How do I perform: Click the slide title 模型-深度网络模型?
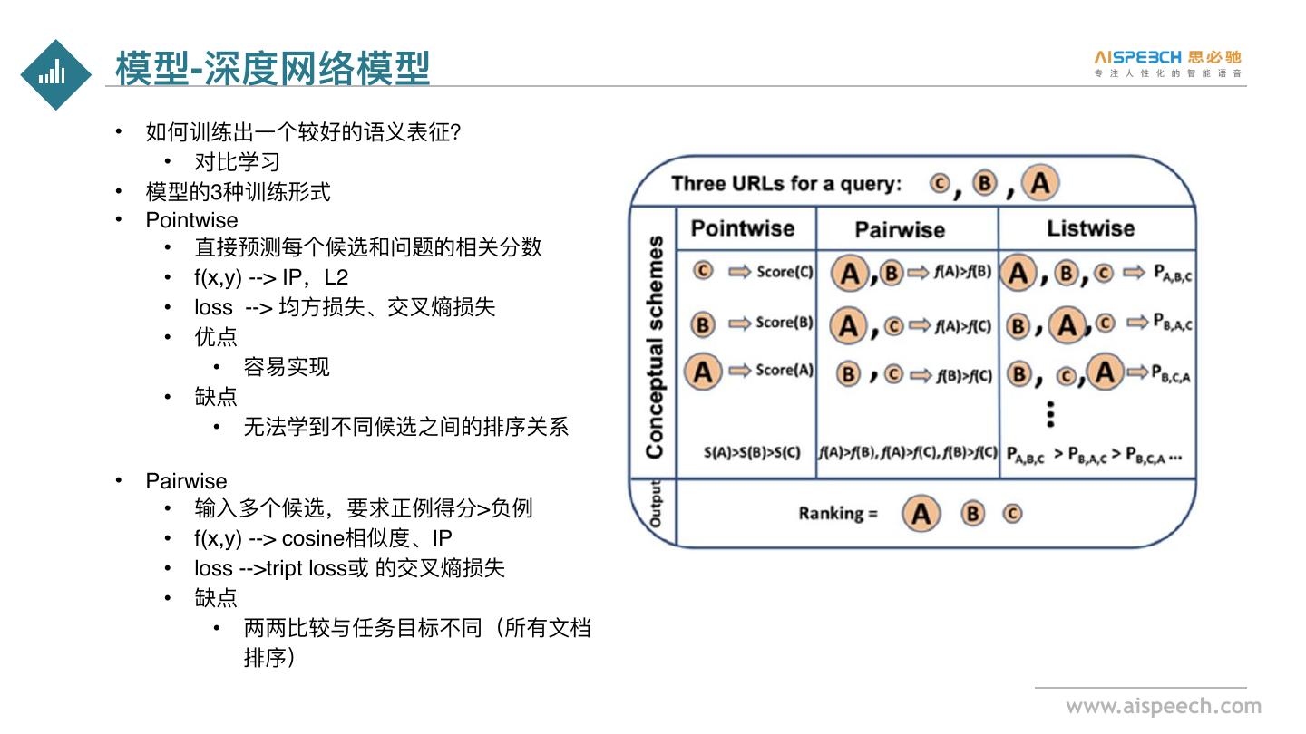(272, 68)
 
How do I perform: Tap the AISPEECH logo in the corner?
(1168, 63)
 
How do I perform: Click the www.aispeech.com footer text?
(1163, 707)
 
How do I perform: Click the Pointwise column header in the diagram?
(742, 228)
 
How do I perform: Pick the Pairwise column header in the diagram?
(899, 230)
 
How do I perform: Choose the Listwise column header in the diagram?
(1090, 228)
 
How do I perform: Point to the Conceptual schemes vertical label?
(654, 347)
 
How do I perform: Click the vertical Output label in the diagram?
(654, 506)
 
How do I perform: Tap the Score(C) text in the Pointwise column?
(785, 272)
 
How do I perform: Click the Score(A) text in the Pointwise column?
(785, 370)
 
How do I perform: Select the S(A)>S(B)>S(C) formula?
(752, 451)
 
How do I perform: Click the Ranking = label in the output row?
(838, 514)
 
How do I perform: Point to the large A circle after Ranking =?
(921, 514)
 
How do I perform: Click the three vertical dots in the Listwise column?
(1050, 413)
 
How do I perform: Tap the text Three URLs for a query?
(786, 184)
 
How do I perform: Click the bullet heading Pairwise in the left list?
(186, 480)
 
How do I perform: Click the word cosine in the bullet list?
(313, 538)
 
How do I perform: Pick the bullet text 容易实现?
(287, 367)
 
